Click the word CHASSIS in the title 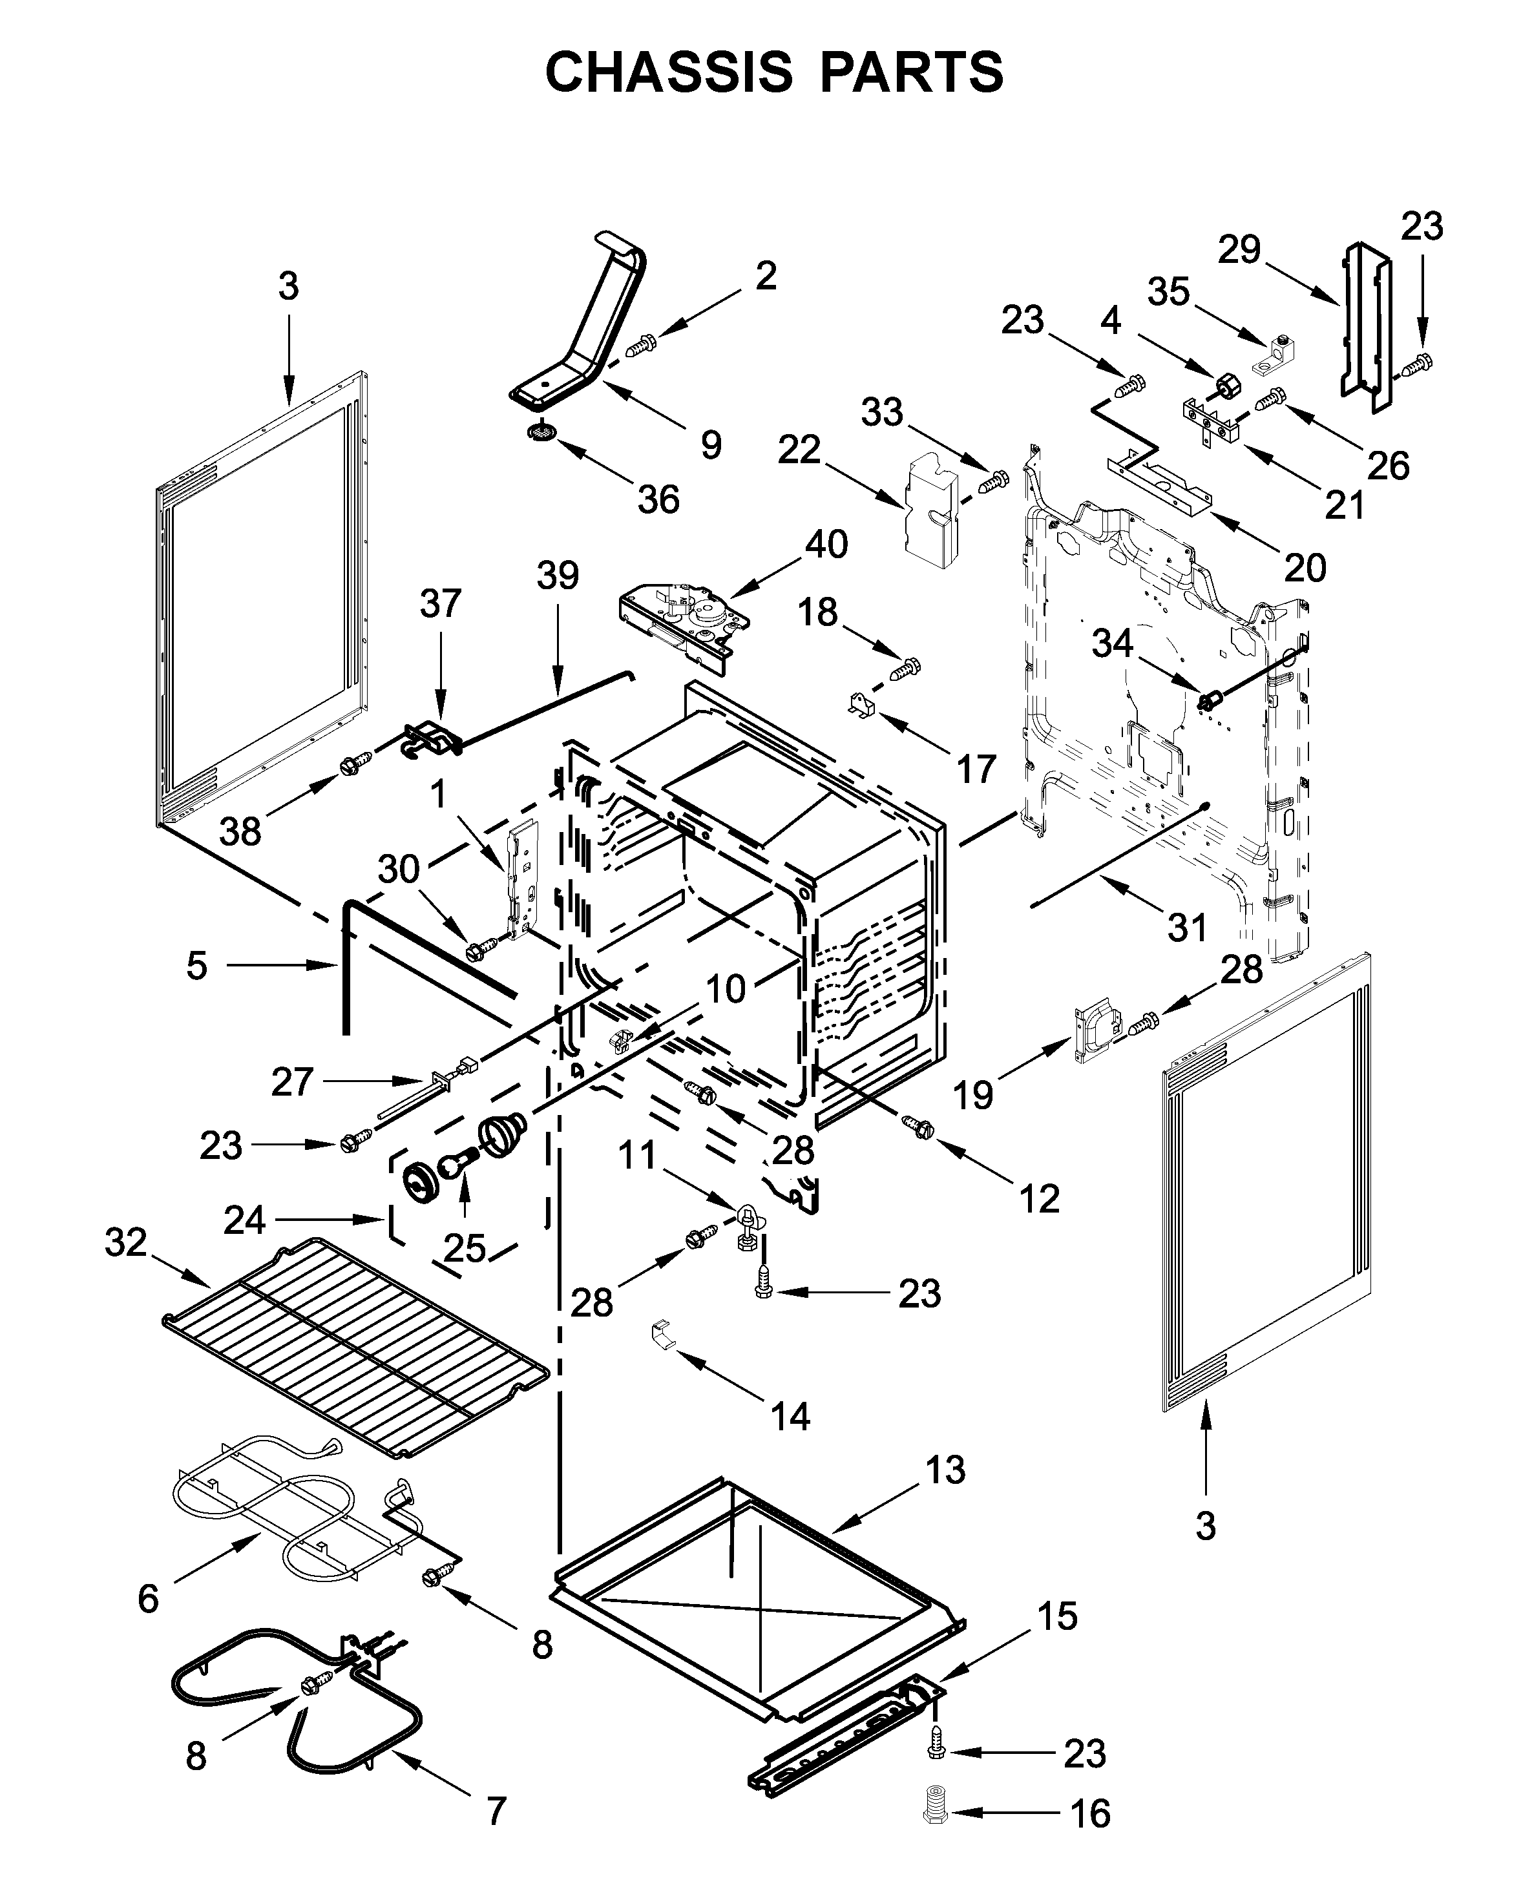(669, 72)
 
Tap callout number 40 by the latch (826, 545)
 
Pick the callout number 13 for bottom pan (945, 1470)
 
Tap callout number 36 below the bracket (658, 499)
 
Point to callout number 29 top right (1239, 251)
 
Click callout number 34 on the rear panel (1112, 644)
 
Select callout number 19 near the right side (972, 1096)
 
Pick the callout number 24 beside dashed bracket (244, 1221)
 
